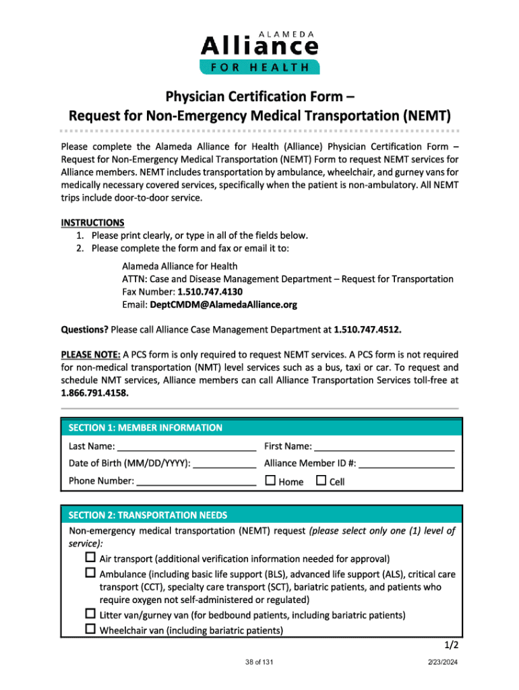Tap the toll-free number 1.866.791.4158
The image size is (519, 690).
tap(94, 393)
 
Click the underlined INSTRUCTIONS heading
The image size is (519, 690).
tap(92, 222)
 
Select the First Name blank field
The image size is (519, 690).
tap(384, 447)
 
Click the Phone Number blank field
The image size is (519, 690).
tap(196, 481)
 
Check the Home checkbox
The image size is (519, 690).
tap(270, 481)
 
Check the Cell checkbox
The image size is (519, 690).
tap(321, 481)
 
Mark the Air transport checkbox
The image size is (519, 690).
tap(91, 559)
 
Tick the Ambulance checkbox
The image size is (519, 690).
tap(91, 573)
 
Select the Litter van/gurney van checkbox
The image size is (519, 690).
tap(91, 615)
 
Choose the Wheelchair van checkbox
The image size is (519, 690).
tap(91, 630)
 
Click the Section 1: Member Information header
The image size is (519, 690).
tap(146, 427)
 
